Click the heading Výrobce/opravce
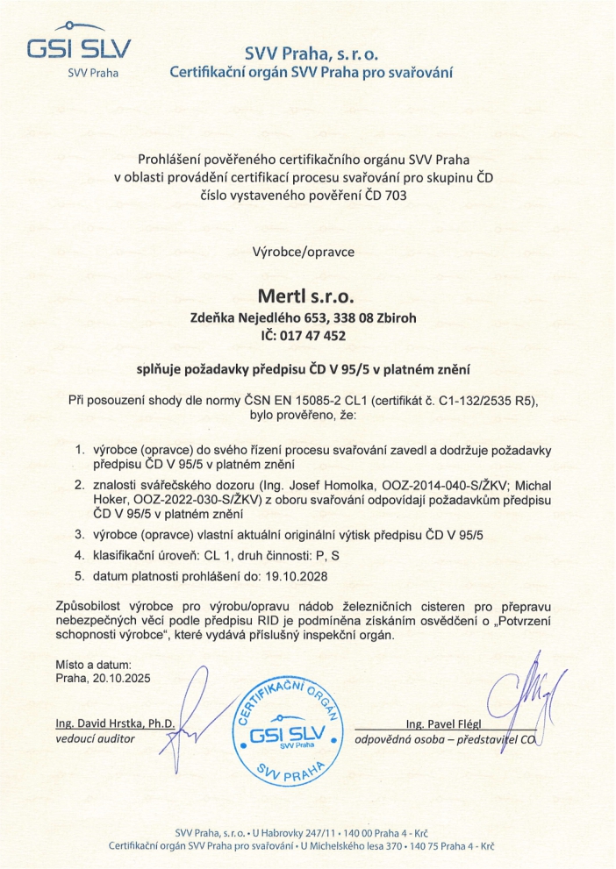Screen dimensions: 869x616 (303, 251)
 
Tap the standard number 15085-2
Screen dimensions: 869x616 (339, 400)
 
